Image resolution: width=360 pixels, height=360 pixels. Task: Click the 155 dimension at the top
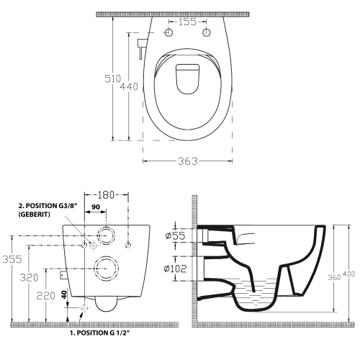188,22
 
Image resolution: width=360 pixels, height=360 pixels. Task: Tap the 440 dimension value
134,86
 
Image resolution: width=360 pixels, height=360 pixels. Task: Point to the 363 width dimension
188,163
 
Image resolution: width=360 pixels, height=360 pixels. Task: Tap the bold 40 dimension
63,294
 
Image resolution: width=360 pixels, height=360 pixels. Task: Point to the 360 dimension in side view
330,277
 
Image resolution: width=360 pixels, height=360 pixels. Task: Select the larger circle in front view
106,267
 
